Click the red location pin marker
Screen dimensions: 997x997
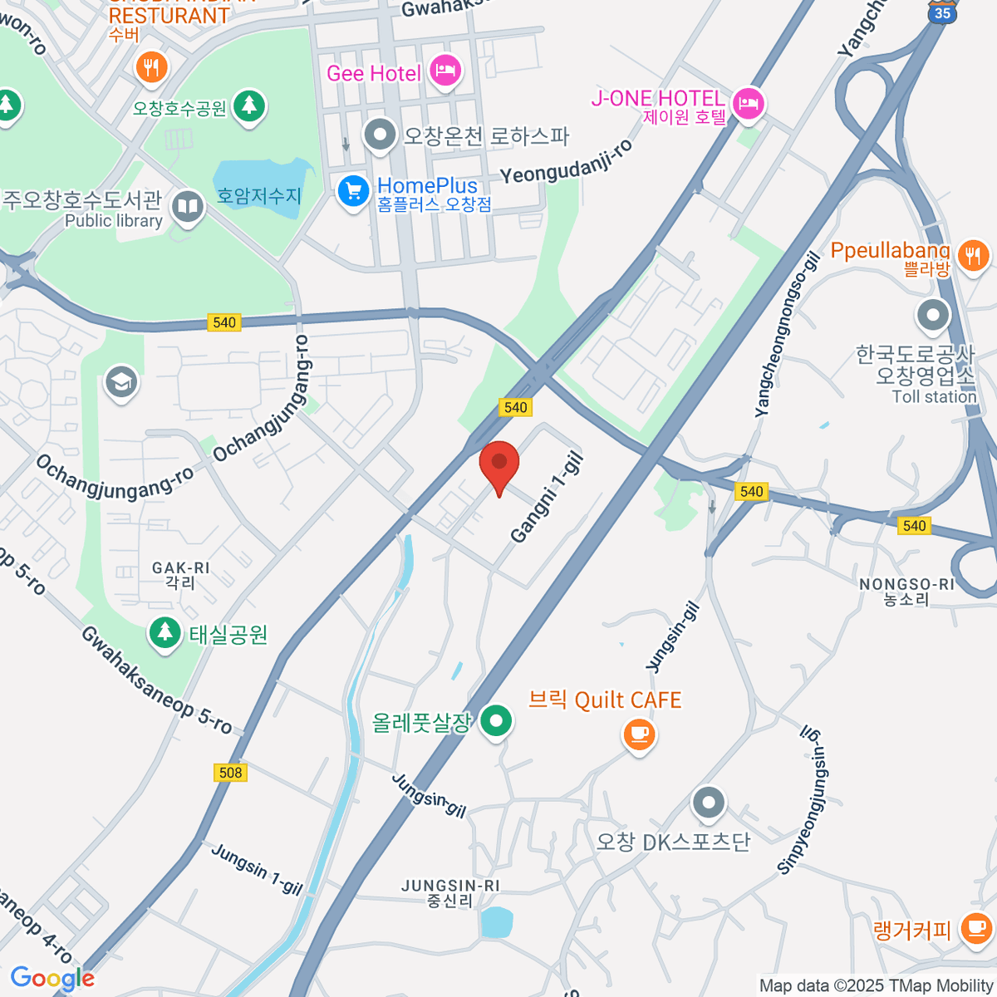coord(499,464)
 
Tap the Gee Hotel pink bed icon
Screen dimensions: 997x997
coord(446,71)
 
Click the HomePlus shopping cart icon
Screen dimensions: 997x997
coord(353,191)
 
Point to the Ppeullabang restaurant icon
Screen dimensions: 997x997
coord(973,254)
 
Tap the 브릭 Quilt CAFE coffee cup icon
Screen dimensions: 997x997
coord(638,734)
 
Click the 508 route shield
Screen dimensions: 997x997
coord(230,773)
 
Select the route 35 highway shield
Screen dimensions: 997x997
coord(941,12)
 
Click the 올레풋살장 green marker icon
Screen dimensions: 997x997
coord(497,721)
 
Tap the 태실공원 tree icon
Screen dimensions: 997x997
coord(165,634)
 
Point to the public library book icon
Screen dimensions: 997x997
coord(188,207)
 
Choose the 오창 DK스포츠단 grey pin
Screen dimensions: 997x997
coord(709,803)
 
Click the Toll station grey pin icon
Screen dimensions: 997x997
coord(933,315)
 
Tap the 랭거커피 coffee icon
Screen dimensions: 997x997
coord(975,928)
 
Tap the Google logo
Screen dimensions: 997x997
coord(52,979)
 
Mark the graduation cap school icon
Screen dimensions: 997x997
coord(121,383)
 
